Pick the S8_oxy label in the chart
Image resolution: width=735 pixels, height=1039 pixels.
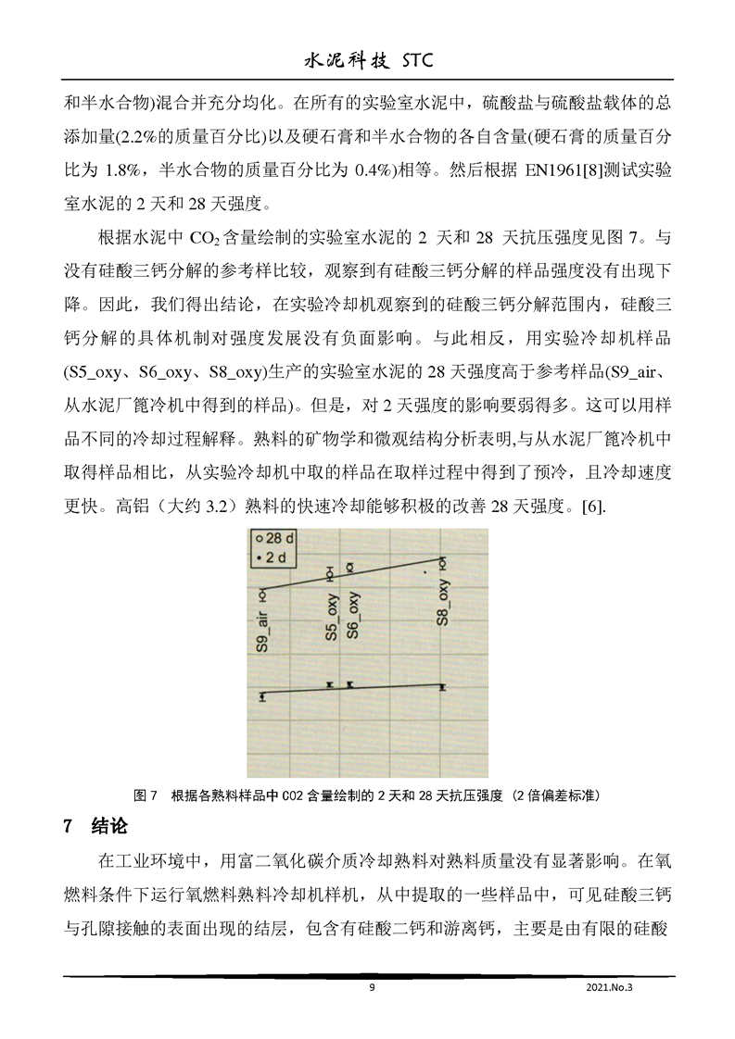(x=444, y=603)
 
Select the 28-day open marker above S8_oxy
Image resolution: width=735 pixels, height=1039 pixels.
(x=443, y=561)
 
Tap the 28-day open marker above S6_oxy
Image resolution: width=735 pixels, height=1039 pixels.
(x=349, y=565)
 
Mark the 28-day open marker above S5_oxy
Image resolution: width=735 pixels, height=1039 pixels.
(x=329, y=572)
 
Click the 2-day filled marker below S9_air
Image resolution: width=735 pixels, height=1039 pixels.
(x=262, y=696)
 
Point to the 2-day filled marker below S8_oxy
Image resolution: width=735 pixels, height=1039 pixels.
(x=443, y=687)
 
